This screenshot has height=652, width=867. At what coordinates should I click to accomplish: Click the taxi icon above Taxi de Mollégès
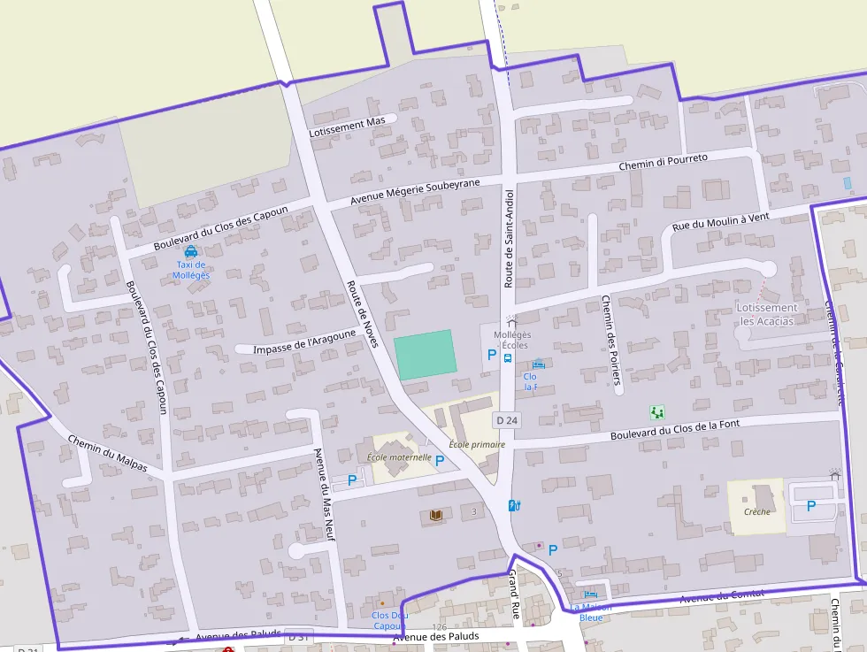[191, 251]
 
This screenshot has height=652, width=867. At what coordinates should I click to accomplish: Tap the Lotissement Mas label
[348, 126]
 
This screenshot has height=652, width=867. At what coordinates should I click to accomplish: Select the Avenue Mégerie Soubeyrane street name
[415, 191]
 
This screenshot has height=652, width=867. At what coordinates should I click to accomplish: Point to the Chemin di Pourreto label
[663, 162]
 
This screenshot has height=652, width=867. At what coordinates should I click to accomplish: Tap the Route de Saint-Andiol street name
[509, 238]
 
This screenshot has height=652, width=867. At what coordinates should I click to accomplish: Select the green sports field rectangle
[426, 355]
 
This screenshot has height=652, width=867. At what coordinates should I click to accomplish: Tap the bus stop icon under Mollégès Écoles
[508, 358]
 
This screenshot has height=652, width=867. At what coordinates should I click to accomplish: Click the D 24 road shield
[506, 419]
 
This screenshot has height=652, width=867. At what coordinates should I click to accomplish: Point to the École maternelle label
[399, 457]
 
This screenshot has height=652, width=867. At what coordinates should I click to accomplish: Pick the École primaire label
[476, 444]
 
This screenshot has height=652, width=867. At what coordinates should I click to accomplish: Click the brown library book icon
[434, 515]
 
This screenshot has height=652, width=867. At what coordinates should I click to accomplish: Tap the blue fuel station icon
[515, 505]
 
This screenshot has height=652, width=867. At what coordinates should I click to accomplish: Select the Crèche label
[757, 511]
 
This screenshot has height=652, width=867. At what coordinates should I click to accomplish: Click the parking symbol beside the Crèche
[811, 506]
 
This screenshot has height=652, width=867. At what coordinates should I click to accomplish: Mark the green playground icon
[656, 412]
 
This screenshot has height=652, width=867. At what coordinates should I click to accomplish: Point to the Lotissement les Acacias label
[767, 314]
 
